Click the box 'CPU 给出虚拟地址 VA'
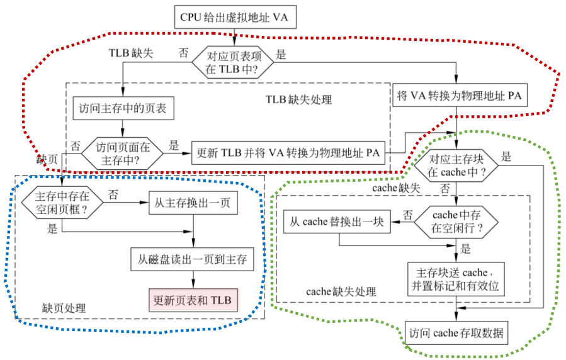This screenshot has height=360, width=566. pyautogui.click(x=234, y=17)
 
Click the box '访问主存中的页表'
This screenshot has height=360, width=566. pyautogui.click(x=123, y=108)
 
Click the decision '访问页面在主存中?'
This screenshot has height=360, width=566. pyautogui.click(x=123, y=153)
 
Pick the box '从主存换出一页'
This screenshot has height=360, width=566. pyautogui.click(x=193, y=203)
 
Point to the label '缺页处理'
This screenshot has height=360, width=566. pyautogui.click(x=64, y=308)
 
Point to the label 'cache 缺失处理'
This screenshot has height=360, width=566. pyautogui.click(x=341, y=291)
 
